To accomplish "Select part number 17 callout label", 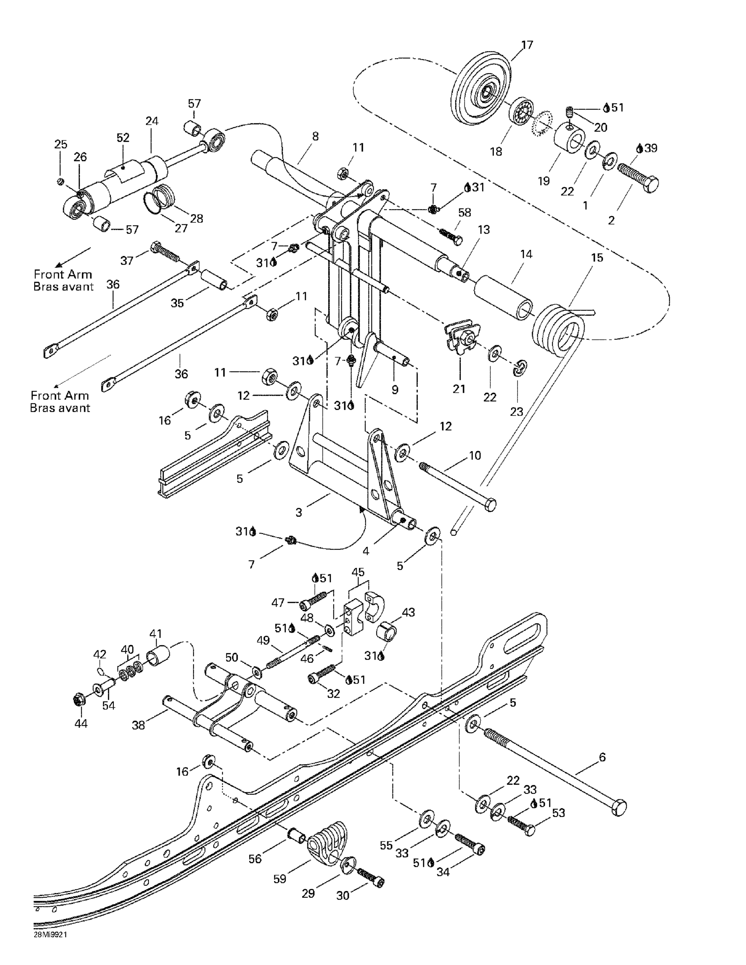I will click(527, 45).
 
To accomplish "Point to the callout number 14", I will click(526, 254).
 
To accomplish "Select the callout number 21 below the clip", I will click(459, 389).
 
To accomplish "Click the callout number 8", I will click(315, 136).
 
